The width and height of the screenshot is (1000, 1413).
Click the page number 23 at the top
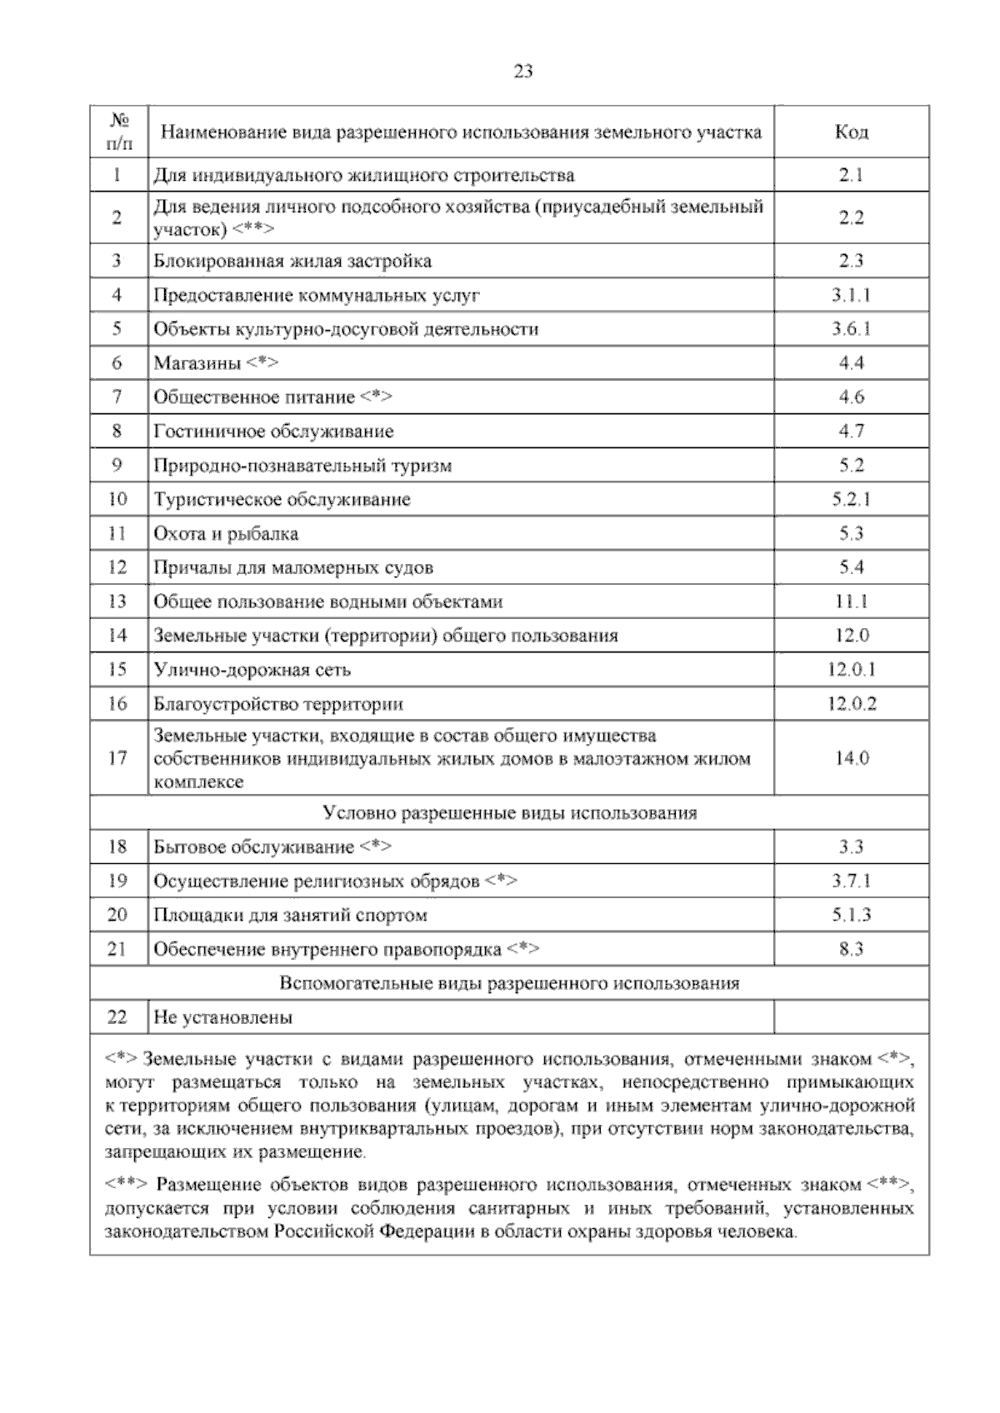click(522, 72)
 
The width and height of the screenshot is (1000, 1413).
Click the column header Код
click(851, 132)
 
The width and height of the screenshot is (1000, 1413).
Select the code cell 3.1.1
click(851, 295)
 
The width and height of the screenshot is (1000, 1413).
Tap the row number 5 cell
click(117, 329)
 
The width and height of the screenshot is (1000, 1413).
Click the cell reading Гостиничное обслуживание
click(273, 432)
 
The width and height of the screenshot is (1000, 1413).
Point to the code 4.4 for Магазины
click(851, 363)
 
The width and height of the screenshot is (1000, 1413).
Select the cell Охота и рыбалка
click(226, 534)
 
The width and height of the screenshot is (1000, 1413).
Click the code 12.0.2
click(851, 704)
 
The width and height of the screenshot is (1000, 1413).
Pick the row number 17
click(117, 758)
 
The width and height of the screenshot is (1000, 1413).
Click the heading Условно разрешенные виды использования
click(509, 813)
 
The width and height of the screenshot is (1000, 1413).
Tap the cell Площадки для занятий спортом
click(290, 916)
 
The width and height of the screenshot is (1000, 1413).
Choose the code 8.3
click(851, 950)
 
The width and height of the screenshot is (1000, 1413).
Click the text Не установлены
click(222, 1018)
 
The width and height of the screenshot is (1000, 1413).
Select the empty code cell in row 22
click(851, 1018)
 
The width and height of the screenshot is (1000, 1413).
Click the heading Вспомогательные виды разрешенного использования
click(509, 984)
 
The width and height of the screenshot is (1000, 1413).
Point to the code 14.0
click(851, 758)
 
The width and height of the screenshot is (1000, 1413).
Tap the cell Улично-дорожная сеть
click(252, 670)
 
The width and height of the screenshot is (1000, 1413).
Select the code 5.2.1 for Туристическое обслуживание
click(851, 500)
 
